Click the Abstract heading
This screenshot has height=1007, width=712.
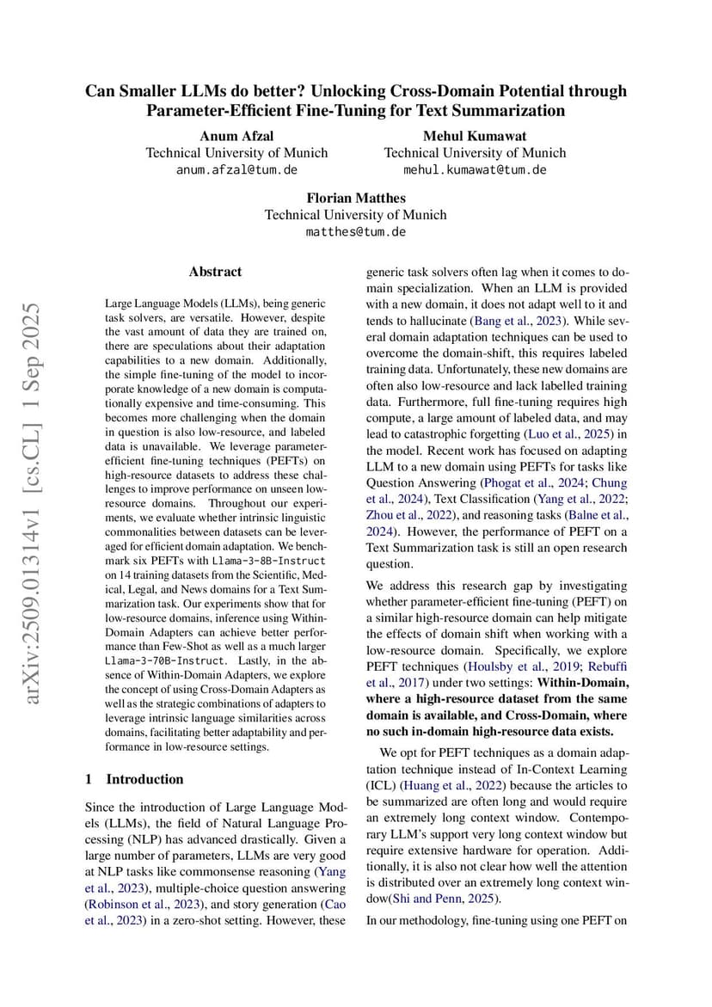[x=215, y=272]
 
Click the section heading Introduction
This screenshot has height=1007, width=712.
[x=144, y=779]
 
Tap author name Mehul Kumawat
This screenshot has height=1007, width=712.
[x=475, y=136]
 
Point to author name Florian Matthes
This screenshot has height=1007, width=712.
[x=355, y=198]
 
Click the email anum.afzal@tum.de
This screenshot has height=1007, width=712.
[x=236, y=169]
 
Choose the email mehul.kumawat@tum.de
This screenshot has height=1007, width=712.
[x=475, y=169]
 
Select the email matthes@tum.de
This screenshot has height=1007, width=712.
[x=355, y=231]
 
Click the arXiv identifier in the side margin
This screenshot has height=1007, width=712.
[x=34, y=503]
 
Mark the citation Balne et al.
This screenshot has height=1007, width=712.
[x=598, y=515]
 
